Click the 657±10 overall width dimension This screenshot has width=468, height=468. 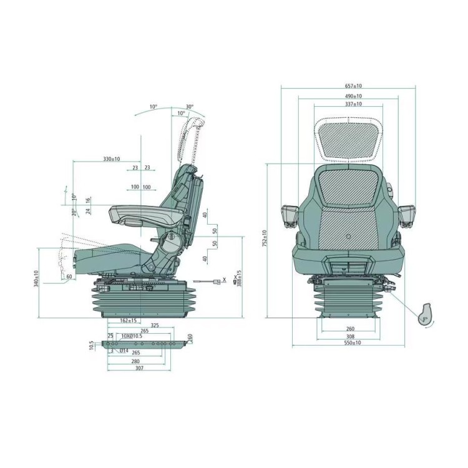353,85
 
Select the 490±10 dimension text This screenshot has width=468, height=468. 353,96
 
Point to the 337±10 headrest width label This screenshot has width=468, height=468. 353,104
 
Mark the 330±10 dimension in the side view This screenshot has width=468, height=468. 112,159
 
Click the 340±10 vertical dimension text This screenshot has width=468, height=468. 37,279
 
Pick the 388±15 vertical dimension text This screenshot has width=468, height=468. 239,278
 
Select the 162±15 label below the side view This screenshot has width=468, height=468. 128,321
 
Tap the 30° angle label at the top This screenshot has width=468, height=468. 189,107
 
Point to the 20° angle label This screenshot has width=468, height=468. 73,212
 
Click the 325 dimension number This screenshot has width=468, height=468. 155,324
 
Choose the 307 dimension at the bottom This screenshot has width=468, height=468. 139,368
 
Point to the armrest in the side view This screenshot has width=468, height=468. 147,215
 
